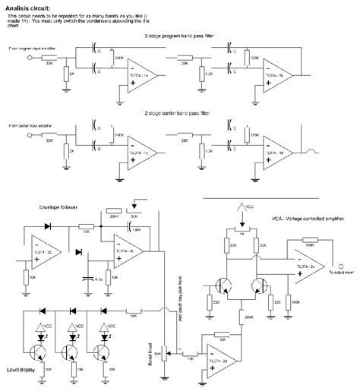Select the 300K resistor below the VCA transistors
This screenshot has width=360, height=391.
coord(243,312)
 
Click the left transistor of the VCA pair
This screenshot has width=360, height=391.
coord(223,285)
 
